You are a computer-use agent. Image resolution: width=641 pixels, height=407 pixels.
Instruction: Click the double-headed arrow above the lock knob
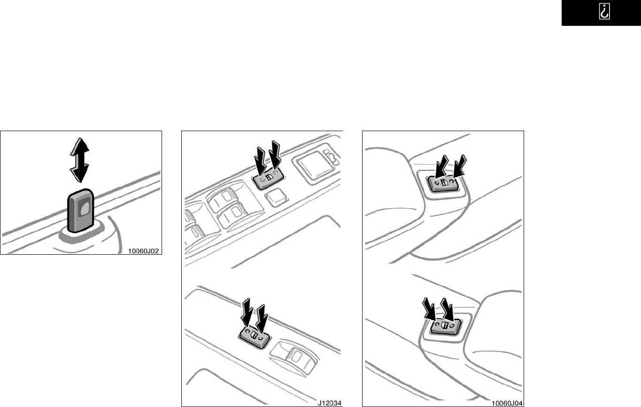click(80, 160)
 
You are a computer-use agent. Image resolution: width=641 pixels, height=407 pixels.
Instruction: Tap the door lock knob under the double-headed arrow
click(81, 211)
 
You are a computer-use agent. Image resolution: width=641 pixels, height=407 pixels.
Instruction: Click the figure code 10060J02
click(143, 251)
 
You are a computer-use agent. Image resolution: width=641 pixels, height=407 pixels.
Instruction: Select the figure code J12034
click(330, 403)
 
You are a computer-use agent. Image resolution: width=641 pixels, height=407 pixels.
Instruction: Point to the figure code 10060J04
click(507, 403)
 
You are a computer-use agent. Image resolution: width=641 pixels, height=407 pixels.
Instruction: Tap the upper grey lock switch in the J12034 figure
click(268, 179)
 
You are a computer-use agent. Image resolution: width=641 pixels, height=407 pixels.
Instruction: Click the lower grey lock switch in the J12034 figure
click(255, 337)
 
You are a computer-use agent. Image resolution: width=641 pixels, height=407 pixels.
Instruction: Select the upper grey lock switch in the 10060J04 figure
click(443, 183)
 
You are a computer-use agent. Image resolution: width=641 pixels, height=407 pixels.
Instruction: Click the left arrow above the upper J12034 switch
click(261, 161)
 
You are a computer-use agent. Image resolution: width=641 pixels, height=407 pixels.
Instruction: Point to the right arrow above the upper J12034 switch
click(275, 155)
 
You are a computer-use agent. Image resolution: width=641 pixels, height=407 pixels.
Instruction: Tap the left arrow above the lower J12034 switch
click(247, 313)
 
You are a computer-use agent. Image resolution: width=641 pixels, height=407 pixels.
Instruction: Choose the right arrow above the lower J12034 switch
click(262, 319)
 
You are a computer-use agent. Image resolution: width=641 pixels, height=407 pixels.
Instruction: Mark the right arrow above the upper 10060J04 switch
click(460, 165)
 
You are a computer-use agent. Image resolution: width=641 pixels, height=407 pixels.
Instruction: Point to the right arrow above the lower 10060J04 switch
click(447, 310)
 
